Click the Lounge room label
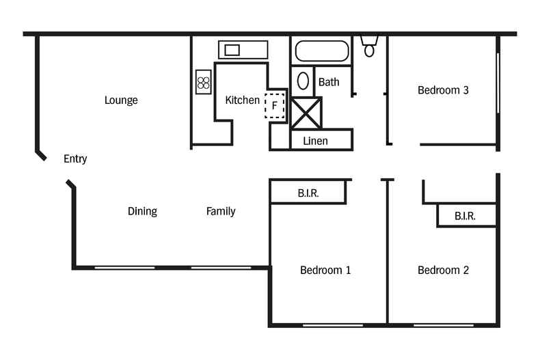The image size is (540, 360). (x=121, y=100)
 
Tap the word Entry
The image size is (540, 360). (x=75, y=159)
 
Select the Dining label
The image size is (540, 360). (x=142, y=212)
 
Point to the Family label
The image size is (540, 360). (x=221, y=212)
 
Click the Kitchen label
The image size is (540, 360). (x=243, y=100)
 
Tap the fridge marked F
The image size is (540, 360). (x=275, y=106)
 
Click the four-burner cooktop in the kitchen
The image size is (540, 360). (x=203, y=83)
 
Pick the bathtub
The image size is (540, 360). (x=321, y=52)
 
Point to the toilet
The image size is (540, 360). (x=370, y=46)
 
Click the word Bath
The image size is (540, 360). (x=329, y=82)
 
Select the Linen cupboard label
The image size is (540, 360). (x=315, y=141)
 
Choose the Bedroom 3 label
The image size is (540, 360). (x=443, y=90)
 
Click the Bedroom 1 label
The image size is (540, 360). (x=325, y=271)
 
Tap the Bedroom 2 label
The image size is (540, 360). (x=443, y=271)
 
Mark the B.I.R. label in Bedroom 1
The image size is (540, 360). (x=308, y=194)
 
